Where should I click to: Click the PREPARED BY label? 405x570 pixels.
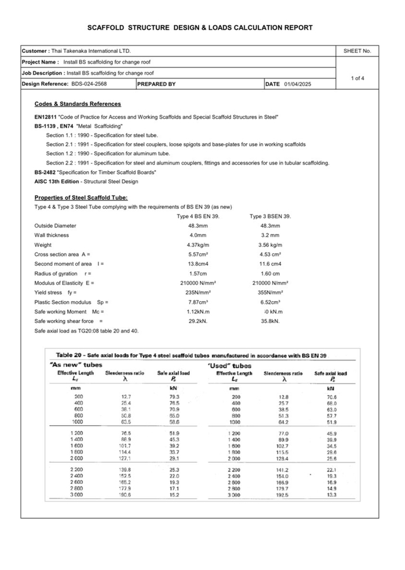point(157,84)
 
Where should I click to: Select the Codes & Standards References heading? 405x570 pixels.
point(78,104)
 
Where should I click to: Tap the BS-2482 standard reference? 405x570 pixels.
point(45,172)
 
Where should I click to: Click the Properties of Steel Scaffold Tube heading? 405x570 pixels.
point(81,198)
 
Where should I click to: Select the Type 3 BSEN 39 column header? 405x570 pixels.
point(270,216)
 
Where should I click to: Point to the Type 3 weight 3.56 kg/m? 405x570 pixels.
point(270,245)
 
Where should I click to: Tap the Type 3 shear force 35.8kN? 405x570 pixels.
point(270,321)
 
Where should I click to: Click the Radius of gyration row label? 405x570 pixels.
point(56,273)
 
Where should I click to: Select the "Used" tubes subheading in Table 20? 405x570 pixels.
point(230,366)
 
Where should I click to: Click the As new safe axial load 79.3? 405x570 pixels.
point(174,396)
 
